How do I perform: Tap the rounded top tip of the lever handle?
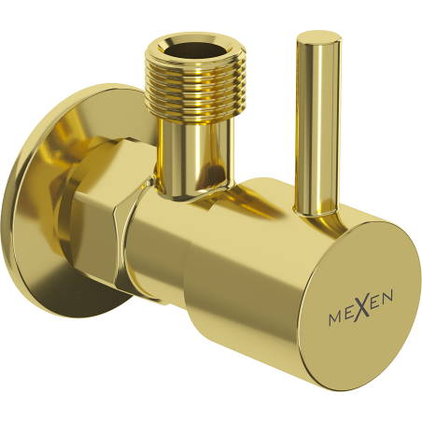click(x=317, y=38)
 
